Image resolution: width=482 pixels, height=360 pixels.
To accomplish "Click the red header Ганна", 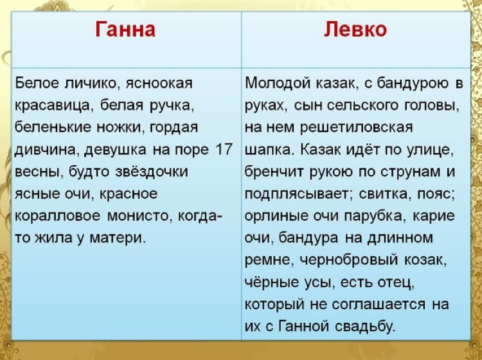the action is (125, 30).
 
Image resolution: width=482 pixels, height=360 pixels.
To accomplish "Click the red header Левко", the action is (355, 30).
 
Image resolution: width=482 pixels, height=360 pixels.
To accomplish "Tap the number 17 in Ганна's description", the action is (224, 149).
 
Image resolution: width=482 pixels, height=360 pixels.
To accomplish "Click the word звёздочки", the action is (151, 172).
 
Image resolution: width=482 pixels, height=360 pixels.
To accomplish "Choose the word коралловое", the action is (57, 217).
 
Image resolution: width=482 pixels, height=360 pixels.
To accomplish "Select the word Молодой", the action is (278, 84).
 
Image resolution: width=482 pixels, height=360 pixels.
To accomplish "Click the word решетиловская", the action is (357, 128).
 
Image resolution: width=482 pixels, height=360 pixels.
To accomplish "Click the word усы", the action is (319, 283).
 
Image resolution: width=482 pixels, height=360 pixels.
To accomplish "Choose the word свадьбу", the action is (365, 327).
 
